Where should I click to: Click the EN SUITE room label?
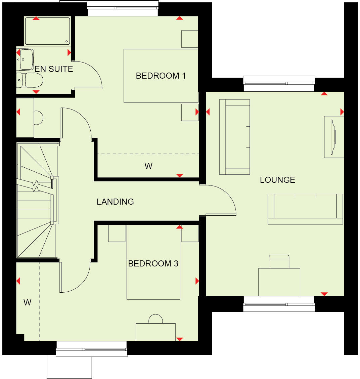click(x=54, y=69)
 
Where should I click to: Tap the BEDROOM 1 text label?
click(x=161, y=76)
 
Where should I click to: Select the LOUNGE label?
click(x=277, y=180)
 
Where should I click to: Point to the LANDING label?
click(x=115, y=202)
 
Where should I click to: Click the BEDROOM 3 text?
click(x=153, y=264)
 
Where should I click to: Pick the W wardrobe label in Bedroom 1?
click(x=148, y=166)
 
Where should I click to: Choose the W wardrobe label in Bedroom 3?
click(x=27, y=302)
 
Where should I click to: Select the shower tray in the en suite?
click(x=47, y=31)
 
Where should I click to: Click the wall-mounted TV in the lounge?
click(x=333, y=137)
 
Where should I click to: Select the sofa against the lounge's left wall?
click(x=234, y=137)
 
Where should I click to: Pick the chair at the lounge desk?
click(x=279, y=261)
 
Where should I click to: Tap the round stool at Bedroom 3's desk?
click(x=155, y=319)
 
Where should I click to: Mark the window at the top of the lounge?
click(x=279, y=84)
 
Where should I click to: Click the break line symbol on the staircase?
click(x=36, y=186)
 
